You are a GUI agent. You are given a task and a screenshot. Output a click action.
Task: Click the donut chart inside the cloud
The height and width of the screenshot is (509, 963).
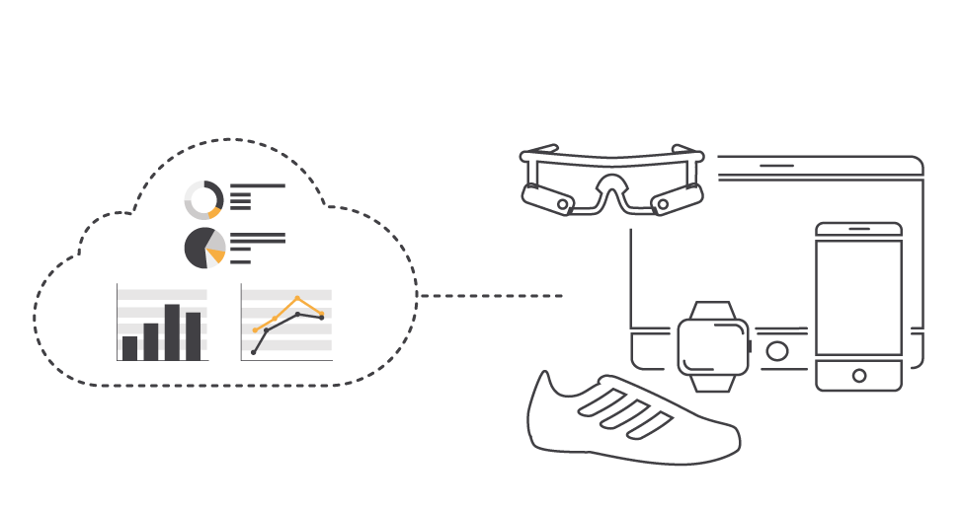[x=204, y=200]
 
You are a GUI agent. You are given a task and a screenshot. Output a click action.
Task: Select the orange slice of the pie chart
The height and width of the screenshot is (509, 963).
[x=215, y=255]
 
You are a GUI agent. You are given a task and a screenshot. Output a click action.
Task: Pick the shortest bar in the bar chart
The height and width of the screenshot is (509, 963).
[x=130, y=348]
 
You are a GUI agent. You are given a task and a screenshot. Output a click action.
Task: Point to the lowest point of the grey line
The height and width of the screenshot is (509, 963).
[x=253, y=352]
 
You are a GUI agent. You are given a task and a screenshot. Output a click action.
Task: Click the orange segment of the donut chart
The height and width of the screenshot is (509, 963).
[x=214, y=213]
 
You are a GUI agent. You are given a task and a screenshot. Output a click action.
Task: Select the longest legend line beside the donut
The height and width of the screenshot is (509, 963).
[x=258, y=185]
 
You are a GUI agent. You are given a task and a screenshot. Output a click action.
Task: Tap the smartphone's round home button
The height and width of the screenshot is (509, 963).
[x=858, y=376]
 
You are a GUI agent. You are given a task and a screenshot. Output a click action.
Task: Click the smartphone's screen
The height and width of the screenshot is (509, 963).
[x=858, y=296]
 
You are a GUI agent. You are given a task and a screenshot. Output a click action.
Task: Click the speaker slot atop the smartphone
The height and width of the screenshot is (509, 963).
[x=858, y=229]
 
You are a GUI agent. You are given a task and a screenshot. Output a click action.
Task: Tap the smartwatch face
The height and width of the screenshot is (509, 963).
[x=712, y=346]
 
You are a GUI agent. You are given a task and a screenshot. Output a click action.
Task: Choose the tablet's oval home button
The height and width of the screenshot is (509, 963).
[x=777, y=351]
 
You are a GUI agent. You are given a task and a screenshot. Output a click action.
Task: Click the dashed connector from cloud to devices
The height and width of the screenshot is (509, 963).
[x=490, y=295]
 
